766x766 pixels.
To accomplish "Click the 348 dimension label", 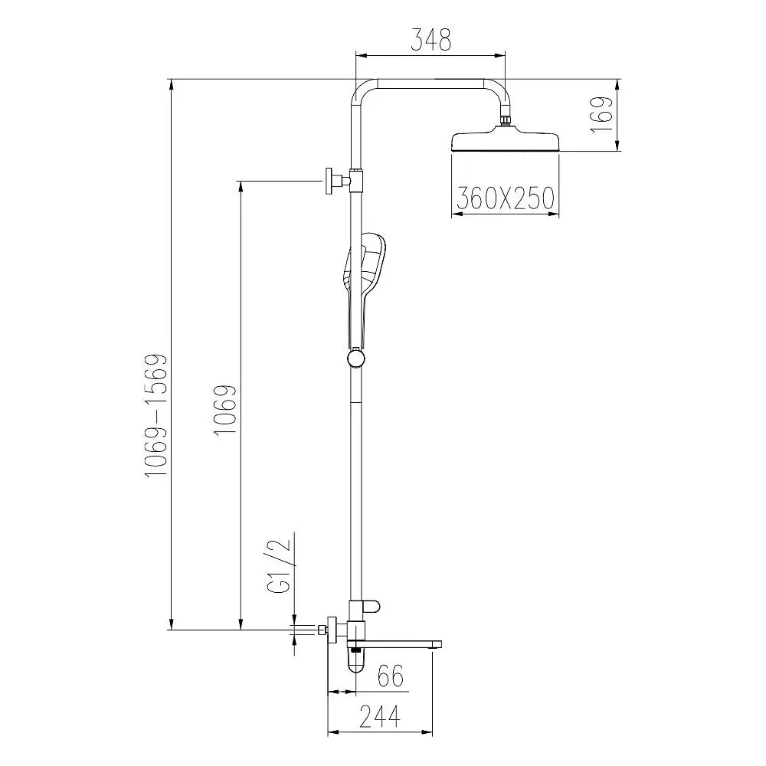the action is [430, 40].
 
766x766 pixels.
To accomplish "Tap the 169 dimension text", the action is [601, 114].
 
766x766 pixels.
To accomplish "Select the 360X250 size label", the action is [505, 198].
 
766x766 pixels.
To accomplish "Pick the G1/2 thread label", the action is [280, 566].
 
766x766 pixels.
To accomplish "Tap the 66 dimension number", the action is [391, 676].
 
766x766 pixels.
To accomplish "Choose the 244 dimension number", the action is [380, 716].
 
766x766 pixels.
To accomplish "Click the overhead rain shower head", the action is [506, 141].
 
